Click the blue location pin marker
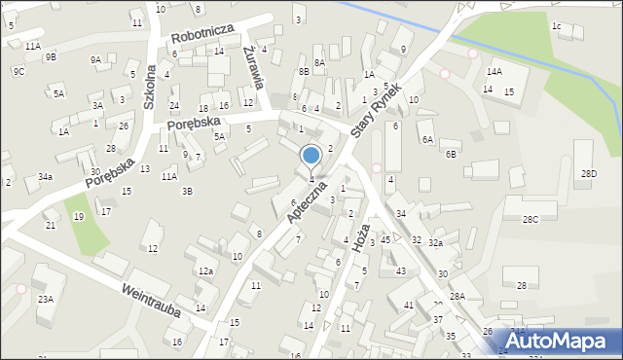pos(311,156)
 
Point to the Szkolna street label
pos(151,89)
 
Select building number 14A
pos(495,72)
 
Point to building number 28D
pos(589,173)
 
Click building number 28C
pos(531,220)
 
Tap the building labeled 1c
pos(556,26)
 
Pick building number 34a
pos(45,176)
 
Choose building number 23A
pos(45,300)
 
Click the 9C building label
pos(18,71)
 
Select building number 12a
pos(205,271)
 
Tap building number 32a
pos(435,243)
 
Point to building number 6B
pos(451,154)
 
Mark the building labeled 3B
pos(186,192)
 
